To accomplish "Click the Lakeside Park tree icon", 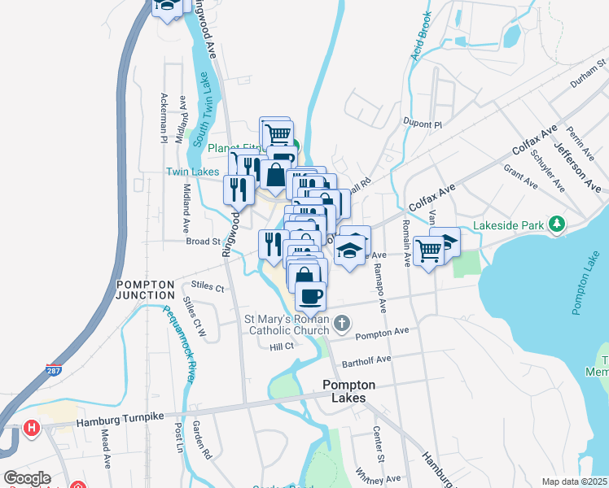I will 557,223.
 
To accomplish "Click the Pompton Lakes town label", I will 349,391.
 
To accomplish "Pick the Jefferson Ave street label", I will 576,163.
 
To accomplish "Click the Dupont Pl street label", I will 422,124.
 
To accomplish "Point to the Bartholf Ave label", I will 366,358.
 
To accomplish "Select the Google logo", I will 27,478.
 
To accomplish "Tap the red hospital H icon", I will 32,427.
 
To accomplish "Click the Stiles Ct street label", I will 208,287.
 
